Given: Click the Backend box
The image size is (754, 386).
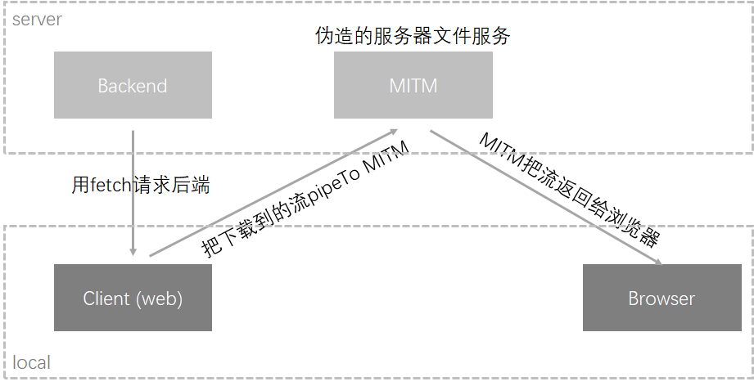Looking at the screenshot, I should click(x=133, y=85).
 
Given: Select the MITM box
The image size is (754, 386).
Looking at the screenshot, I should click(x=413, y=85).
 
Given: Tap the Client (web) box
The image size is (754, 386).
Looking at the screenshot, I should click(x=133, y=298).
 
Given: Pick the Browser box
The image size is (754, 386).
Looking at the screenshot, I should click(x=661, y=298).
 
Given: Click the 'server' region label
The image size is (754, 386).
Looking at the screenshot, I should click(x=37, y=19).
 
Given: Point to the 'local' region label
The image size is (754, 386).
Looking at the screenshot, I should click(x=32, y=362).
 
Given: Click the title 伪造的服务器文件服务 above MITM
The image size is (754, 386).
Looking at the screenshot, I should click(x=413, y=36).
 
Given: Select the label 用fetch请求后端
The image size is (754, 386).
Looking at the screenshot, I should click(x=141, y=186).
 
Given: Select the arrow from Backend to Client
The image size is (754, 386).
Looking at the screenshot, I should click(x=133, y=192).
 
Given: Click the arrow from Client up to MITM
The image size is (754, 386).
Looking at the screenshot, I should click(x=270, y=193).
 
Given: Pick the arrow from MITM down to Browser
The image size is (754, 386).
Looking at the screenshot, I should click(x=544, y=196).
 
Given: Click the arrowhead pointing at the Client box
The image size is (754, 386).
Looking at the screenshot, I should click(x=133, y=252).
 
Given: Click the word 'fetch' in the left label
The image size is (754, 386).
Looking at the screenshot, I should click(x=111, y=186).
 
